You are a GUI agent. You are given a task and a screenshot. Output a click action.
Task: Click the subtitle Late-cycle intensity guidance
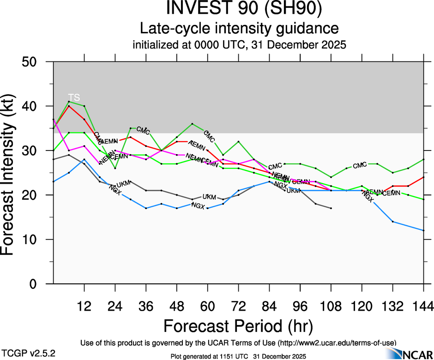click(239, 29)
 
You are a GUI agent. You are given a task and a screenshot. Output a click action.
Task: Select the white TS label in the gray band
click(74, 97)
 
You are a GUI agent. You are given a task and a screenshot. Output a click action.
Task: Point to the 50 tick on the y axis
click(32, 62)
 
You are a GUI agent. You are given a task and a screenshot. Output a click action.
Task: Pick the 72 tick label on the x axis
click(238, 306)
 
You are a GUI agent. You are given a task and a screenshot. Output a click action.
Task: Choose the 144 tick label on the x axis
click(423, 306)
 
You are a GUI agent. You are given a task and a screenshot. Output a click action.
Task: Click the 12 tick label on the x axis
click(84, 306)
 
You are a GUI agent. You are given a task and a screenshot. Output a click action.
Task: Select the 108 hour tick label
click(331, 306)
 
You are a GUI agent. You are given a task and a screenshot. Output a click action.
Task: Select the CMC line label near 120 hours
click(360, 165)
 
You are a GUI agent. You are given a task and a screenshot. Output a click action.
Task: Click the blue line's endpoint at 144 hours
click(424, 230)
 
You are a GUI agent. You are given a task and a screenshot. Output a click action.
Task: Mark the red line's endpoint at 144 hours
click(424, 177)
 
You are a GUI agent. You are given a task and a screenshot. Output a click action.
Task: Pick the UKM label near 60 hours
click(209, 197)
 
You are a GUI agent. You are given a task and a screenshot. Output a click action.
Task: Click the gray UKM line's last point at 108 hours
click(331, 208)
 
